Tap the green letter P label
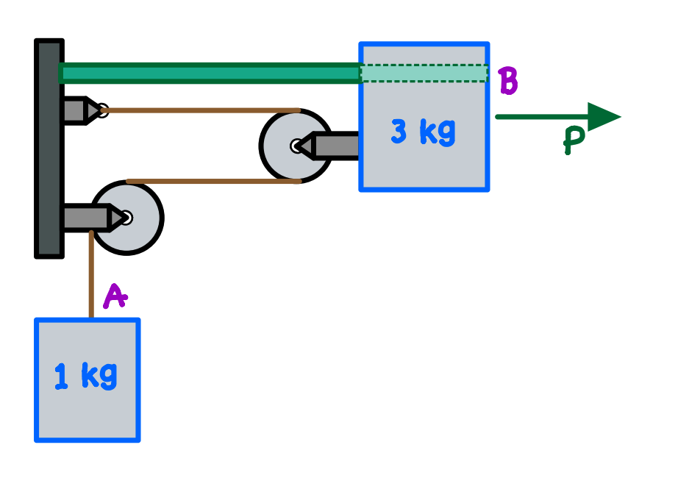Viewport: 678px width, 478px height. (x=574, y=140)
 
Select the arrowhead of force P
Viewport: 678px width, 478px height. (x=604, y=116)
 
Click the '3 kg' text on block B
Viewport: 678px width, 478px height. (x=423, y=132)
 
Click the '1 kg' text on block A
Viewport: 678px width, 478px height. (x=86, y=376)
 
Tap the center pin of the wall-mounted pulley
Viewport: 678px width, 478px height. (x=126, y=218)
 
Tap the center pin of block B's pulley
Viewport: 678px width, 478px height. (x=297, y=146)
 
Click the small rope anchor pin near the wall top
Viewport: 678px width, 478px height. (x=102, y=110)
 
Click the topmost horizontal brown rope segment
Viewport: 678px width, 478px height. (x=199, y=110)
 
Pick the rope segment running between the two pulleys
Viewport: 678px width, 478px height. (x=213, y=181)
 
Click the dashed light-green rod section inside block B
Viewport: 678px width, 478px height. (x=424, y=73)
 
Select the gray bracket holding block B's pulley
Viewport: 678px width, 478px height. (x=335, y=146)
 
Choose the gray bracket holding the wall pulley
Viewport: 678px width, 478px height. (x=85, y=218)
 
